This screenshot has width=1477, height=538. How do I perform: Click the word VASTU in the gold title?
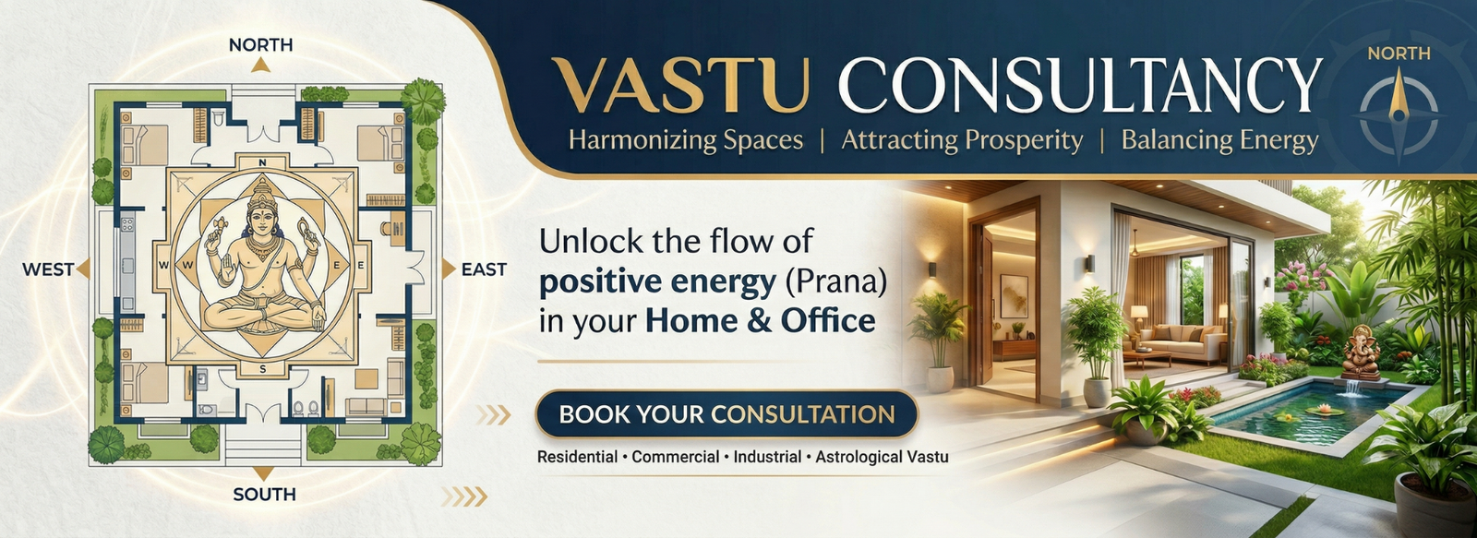(x=679, y=86)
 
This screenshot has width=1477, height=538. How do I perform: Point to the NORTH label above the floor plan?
(x=261, y=45)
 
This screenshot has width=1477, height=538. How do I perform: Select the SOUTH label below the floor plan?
(x=264, y=495)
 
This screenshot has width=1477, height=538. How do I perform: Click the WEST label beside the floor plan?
(x=48, y=269)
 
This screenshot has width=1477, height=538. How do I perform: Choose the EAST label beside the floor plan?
(x=484, y=269)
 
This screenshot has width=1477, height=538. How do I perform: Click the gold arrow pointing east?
(x=449, y=269)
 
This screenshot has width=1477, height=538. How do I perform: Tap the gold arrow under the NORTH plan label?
(x=261, y=65)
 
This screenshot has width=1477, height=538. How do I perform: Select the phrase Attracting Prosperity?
(x=962, y=141)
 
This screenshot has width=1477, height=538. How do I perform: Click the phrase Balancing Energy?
(x=1219, y=141)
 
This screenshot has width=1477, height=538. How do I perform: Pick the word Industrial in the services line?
(x=767, y=457)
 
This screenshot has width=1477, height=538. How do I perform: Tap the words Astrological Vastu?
(x=883, y=457)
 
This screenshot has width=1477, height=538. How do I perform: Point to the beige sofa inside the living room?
(x=1183, y=342)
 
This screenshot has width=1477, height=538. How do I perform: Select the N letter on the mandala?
(x=262, y=162)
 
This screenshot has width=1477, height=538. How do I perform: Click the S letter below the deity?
(x=262, y=369)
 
